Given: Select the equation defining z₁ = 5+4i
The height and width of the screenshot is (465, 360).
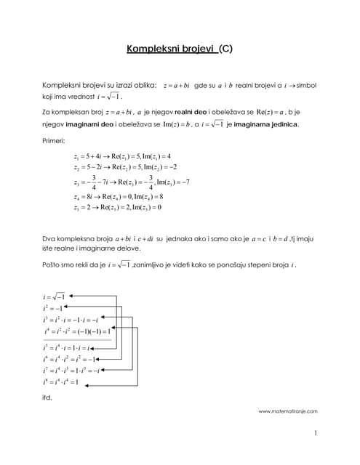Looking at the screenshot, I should point(122,157).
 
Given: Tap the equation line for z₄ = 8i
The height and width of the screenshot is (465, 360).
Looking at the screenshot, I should point(119,196).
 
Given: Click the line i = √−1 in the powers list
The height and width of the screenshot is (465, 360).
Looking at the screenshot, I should point(55,297).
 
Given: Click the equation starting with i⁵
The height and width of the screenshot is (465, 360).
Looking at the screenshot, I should point(66,348).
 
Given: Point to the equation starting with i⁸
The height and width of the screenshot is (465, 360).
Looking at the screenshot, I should point(61,382).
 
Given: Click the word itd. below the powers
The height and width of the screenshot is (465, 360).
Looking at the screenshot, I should point(48,398).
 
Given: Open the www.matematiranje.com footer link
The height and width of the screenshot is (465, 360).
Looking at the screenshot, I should point(288,411).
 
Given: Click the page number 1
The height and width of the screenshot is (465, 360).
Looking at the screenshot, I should point(316,434).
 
